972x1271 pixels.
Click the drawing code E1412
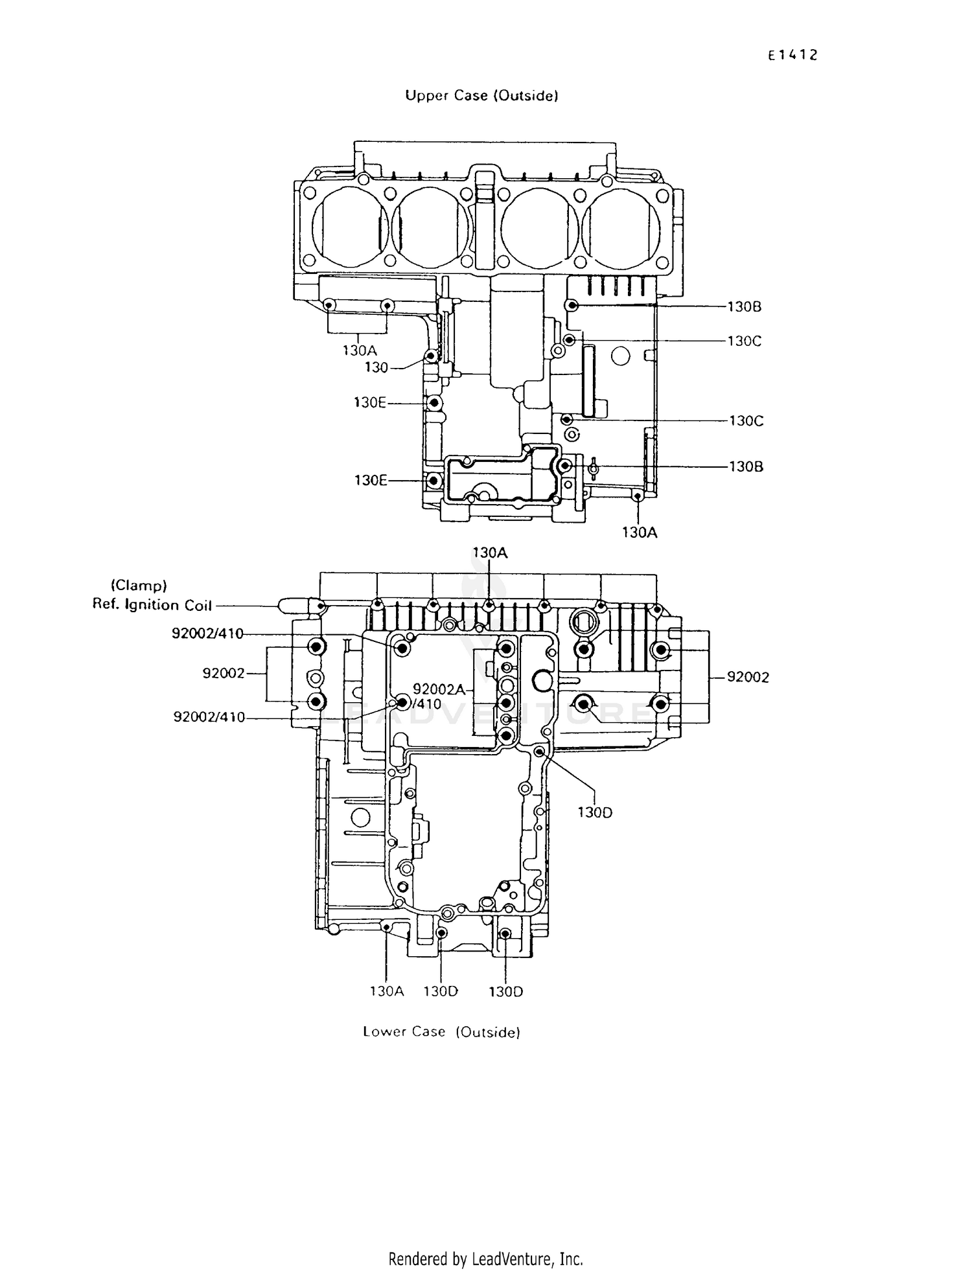point(793,55)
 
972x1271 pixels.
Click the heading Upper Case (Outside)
point(481,96)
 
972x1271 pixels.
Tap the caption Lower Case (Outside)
point(441,1031)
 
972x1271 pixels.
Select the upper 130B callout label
point(744,307)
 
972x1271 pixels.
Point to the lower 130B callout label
point(746,466)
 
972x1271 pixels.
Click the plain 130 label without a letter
point(376,368)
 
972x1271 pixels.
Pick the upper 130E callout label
point(370,403)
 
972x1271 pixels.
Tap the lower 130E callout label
point(371,481)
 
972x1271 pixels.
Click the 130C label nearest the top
point(744,341)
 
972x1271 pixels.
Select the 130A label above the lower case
point(490,553)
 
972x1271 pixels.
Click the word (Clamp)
point(139,586)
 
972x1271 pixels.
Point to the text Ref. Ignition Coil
point(152,605)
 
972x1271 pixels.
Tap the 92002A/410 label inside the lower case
point(439,696)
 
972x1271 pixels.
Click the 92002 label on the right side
point(748,677)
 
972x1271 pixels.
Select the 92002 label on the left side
point(224,674)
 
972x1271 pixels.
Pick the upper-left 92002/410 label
point(207,634)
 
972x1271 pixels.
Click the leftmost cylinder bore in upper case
point(350,227)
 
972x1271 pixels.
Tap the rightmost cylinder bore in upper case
point(621,227)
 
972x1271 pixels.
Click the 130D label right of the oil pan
point(595,812)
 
